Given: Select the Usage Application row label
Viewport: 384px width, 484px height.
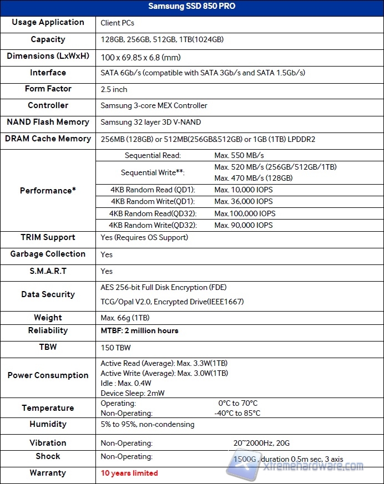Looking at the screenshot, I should [48, 23].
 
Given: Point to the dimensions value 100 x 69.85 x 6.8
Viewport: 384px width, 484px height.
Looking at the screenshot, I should [148, 57].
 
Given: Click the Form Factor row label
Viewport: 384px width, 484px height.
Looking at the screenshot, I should [48, 89].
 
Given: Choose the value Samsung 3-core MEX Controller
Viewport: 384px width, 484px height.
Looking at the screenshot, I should [154, 105].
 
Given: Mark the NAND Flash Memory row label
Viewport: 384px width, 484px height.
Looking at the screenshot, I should [48, 122].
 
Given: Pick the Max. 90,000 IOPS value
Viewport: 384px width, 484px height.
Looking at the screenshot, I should [244, 225].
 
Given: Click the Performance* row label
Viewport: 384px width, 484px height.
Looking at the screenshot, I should [48, 190].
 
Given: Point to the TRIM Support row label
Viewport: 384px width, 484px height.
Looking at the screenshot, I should [48, 237].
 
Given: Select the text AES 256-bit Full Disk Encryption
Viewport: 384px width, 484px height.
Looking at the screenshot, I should [163, 287].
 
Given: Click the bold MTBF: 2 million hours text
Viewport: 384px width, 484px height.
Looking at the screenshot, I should [139, 331].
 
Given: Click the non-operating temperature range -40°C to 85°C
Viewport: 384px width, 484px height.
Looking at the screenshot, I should [237, 413].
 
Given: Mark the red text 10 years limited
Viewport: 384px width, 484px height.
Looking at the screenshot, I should [129, 473].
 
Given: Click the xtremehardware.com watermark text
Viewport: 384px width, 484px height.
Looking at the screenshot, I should [315, 466].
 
